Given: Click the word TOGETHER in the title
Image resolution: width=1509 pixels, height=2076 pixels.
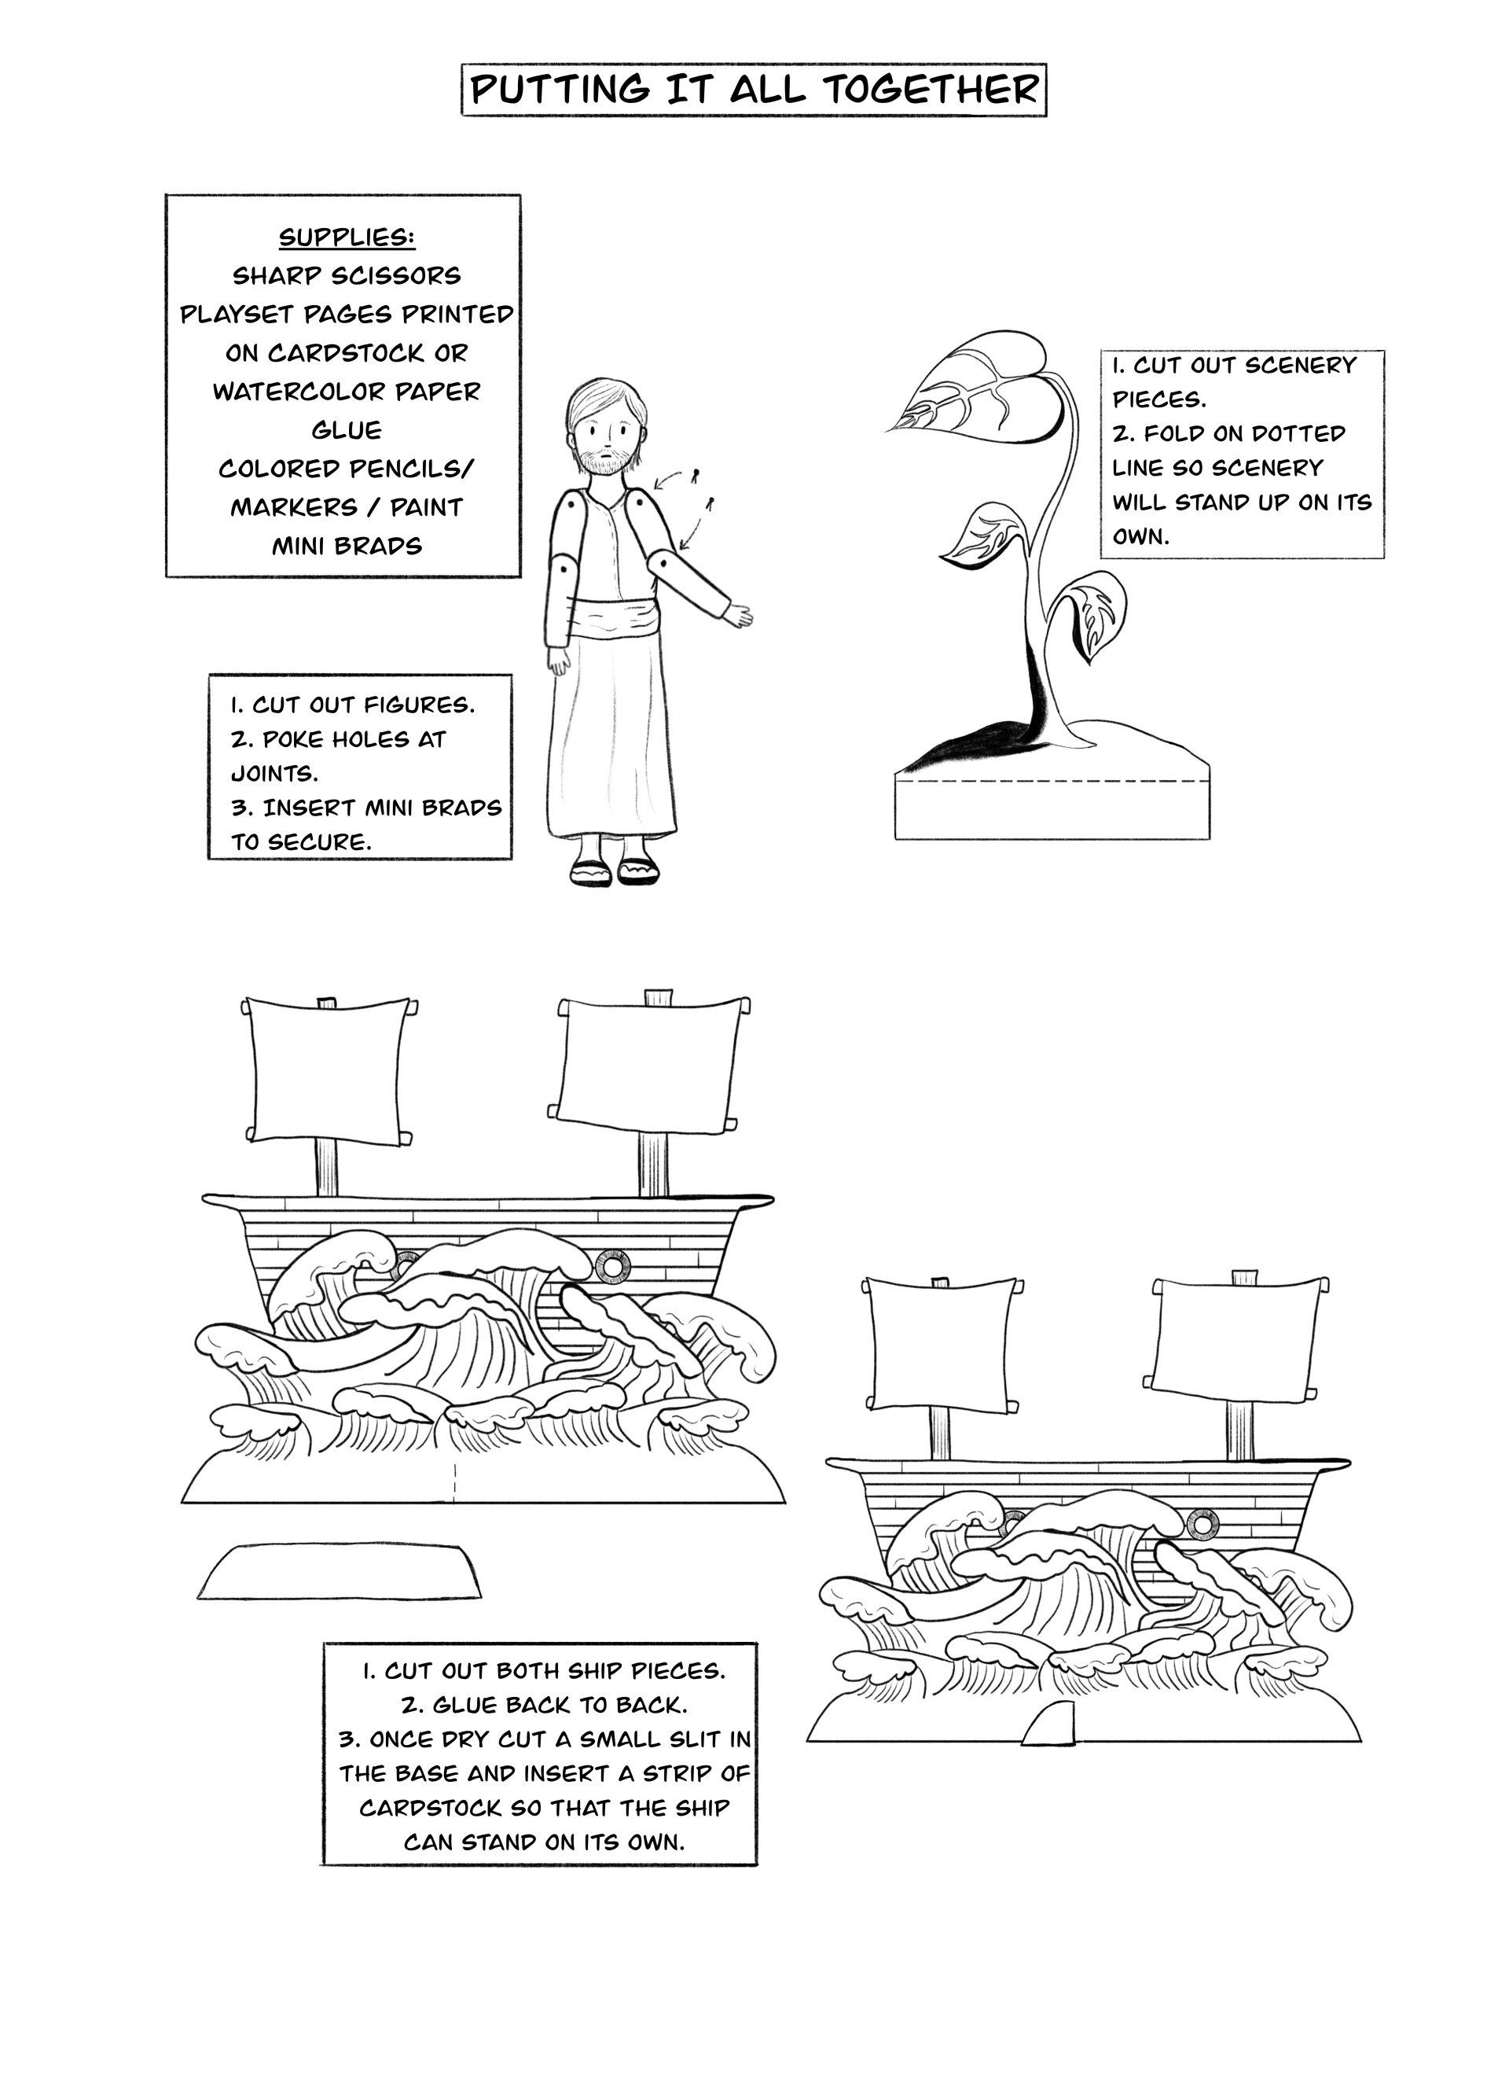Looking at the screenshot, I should coord(931,90).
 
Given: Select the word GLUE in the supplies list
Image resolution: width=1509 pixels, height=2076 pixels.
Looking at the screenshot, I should coord(347,430).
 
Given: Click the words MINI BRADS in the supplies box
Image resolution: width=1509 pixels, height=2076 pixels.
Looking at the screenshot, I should coord(347,547).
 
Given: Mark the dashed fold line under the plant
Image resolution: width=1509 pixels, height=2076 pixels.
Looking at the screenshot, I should coord(1052,782).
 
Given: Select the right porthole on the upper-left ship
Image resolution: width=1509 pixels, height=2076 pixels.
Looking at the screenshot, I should coord(608,1267).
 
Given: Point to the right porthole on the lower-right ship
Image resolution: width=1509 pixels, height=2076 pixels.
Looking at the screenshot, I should coord(1201,1524).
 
